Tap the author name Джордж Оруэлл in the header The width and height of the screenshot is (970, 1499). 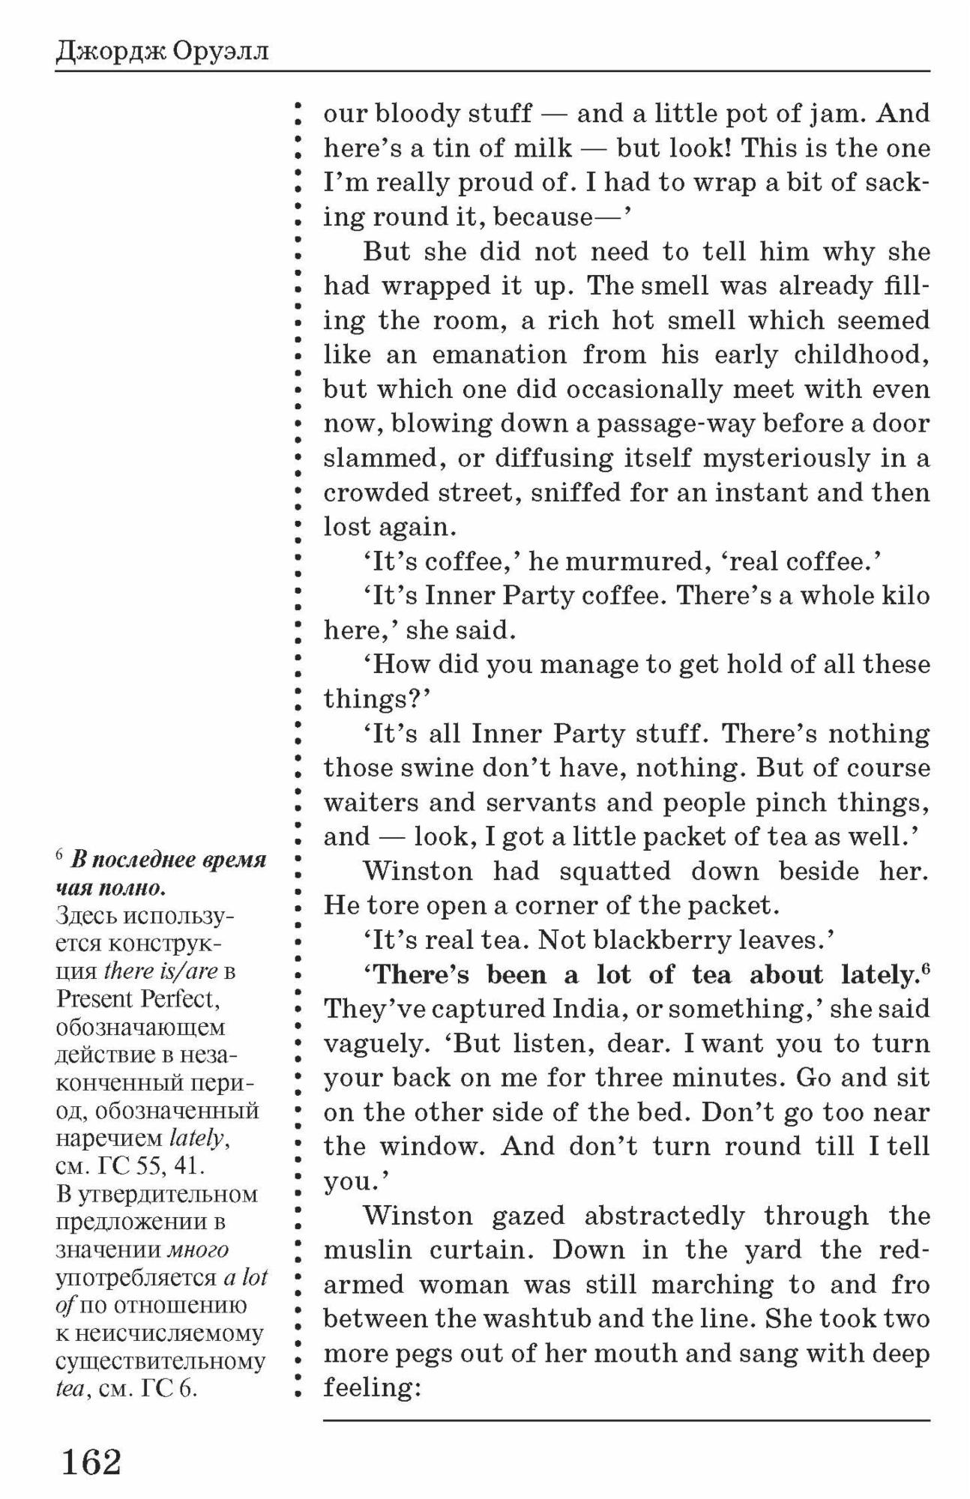[x=162, y=52]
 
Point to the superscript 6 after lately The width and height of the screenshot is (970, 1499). [x=926, y=969]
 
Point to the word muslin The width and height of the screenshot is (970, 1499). [x=368, y=1250]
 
